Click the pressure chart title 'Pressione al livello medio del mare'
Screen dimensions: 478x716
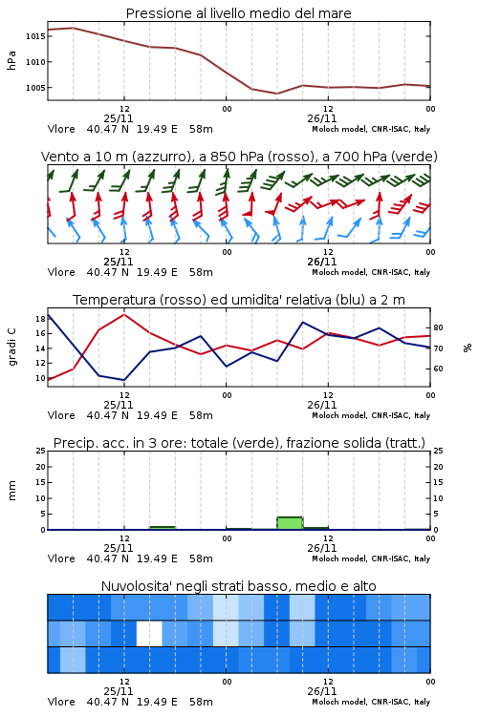tap(239, 13)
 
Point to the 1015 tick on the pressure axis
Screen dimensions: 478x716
tap(35, 36)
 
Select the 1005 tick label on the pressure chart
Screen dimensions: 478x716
tap(35, 88)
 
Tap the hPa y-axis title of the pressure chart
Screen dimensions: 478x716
tap(11, 60)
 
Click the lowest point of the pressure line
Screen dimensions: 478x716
tap(276, 94)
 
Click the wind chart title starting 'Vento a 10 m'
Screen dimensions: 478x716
tap(239, 157)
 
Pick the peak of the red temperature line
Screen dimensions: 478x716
tap(124, 314)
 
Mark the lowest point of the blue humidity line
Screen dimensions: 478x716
tap(124, 380)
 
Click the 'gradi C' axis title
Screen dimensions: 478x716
tap(11, 347)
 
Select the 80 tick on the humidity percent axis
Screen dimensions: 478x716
tap(438, 327)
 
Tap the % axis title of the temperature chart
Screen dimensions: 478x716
tap(467, 347)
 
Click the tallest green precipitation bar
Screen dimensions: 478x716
tap(290, 523)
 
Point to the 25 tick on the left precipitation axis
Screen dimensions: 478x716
tap(41, 451)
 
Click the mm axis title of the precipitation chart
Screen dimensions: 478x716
tap(11, 491)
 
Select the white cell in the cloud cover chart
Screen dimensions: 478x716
tap(149, 634)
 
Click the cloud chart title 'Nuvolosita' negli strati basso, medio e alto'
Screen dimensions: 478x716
tap(239, 586)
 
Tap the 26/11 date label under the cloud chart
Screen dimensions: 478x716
tap(322, 691)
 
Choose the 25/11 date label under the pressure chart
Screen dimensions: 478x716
tap(119, 118)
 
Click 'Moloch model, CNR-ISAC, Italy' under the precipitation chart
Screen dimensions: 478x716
tap(371, 558)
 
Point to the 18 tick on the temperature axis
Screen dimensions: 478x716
tap(41, 319)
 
